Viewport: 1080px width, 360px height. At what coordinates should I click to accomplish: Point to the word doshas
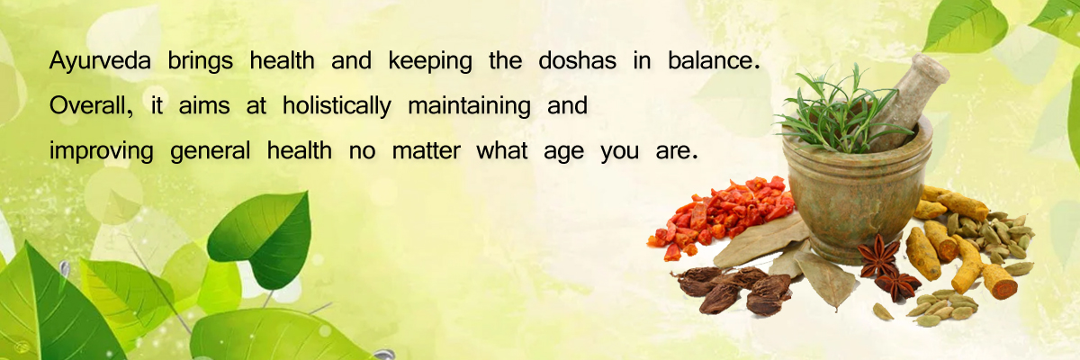577,60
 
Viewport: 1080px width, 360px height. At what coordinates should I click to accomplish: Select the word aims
204,105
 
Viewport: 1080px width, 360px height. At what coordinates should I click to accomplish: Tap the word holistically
337,106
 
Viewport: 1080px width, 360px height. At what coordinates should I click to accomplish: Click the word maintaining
469,106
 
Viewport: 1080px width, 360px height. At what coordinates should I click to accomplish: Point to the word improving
101,151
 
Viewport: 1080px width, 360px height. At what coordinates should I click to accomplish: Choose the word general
211,151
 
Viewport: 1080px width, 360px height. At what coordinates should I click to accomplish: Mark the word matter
427,150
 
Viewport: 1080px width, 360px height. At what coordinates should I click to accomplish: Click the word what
501,150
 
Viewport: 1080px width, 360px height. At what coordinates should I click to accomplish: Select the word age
563,153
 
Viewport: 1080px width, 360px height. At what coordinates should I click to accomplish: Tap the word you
619,153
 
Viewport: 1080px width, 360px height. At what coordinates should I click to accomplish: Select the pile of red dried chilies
724,214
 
